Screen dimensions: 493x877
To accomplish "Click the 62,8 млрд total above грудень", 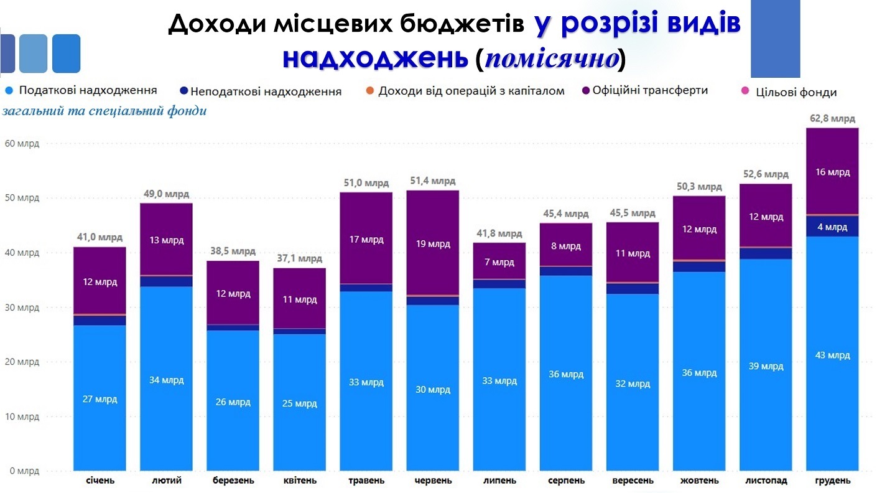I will (x=832, y=118).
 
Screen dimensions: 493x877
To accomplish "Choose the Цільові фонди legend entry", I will (x=796, y=92).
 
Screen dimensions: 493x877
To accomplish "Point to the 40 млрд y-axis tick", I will (x=22, y=253).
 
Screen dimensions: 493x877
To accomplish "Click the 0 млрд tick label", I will (x=24, y=471).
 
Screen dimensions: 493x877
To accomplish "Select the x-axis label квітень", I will (x=299, y=481).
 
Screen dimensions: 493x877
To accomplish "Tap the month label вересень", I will (x=633, y=481).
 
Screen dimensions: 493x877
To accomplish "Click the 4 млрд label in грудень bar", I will (x=832, y=227).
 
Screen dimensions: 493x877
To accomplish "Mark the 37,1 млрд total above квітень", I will (x=299, y=258).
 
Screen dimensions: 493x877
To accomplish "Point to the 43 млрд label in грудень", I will (x=832, y=355).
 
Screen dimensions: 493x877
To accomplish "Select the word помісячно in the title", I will (x=552, y=59).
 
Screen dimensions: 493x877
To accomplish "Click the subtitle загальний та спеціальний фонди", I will (x=104, y=111).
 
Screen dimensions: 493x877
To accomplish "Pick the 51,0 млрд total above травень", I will (x=366, y=182).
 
